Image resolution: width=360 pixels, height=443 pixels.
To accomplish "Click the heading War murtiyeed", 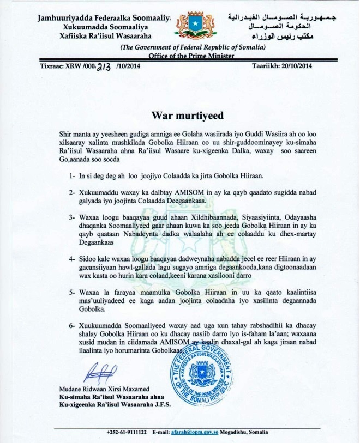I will (x=179, y=116).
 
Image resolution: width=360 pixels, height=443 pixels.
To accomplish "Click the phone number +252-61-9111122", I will (x=127, y=432).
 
